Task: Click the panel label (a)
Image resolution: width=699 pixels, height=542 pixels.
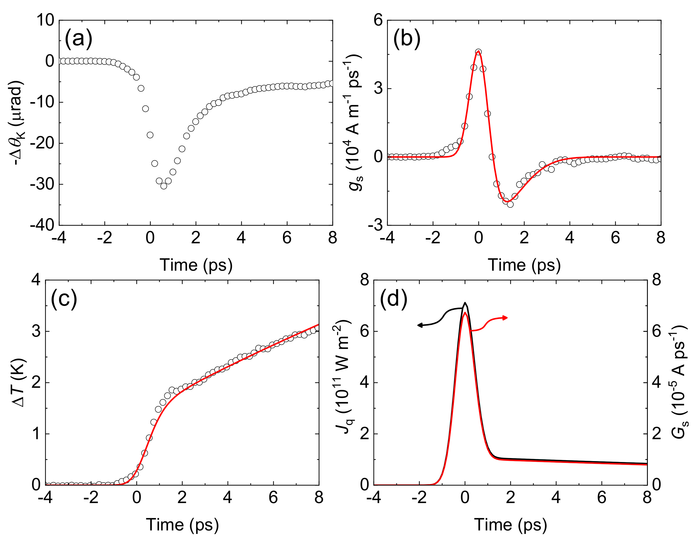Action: point(78,39)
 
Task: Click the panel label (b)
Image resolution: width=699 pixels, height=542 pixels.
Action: point(407,39)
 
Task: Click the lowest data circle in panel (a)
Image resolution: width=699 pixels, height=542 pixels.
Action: point(164,186)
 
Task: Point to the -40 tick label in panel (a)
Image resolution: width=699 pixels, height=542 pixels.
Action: point(42,226)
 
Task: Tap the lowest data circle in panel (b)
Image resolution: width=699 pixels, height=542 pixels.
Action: point(510,204)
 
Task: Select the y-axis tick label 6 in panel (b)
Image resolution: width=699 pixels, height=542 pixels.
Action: point(378,20)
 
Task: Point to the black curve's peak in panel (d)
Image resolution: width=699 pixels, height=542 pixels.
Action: point(465,303)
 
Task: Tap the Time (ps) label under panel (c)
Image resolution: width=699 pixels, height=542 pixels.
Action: point(183,525)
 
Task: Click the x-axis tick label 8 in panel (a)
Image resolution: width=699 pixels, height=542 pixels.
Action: point(332,238)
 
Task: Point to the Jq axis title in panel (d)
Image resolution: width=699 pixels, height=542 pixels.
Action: point(344,382)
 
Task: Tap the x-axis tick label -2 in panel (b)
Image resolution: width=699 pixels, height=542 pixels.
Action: point(433,238)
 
